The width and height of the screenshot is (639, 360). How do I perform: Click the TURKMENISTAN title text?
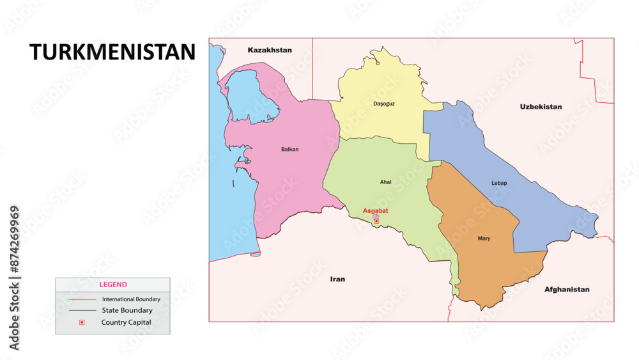(112, 52)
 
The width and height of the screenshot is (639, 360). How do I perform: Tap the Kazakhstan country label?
(270, 50)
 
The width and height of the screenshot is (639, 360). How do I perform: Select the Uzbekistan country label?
(541, 107)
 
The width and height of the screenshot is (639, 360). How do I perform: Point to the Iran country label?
(337, 279)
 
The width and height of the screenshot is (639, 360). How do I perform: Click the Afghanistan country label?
(567, 289)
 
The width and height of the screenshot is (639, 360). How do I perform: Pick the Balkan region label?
(289, 149)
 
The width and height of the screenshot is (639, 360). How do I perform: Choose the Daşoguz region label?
(384, 104)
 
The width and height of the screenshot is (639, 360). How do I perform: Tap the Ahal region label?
(385, 182)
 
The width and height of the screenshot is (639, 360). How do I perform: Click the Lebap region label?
(499, 183)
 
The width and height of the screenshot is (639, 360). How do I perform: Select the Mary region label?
(484, 239)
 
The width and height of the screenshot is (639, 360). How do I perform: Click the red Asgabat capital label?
(375, 210)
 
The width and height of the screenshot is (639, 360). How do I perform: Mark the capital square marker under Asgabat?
(376, 221)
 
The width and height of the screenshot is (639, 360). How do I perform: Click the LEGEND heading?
(112, 285)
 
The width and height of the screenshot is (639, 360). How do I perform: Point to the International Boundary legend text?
(131, 299)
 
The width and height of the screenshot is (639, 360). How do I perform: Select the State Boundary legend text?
(127, 310)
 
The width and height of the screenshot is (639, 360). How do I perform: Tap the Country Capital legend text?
(126, 322)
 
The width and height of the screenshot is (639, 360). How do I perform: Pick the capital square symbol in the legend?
(81, 322)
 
